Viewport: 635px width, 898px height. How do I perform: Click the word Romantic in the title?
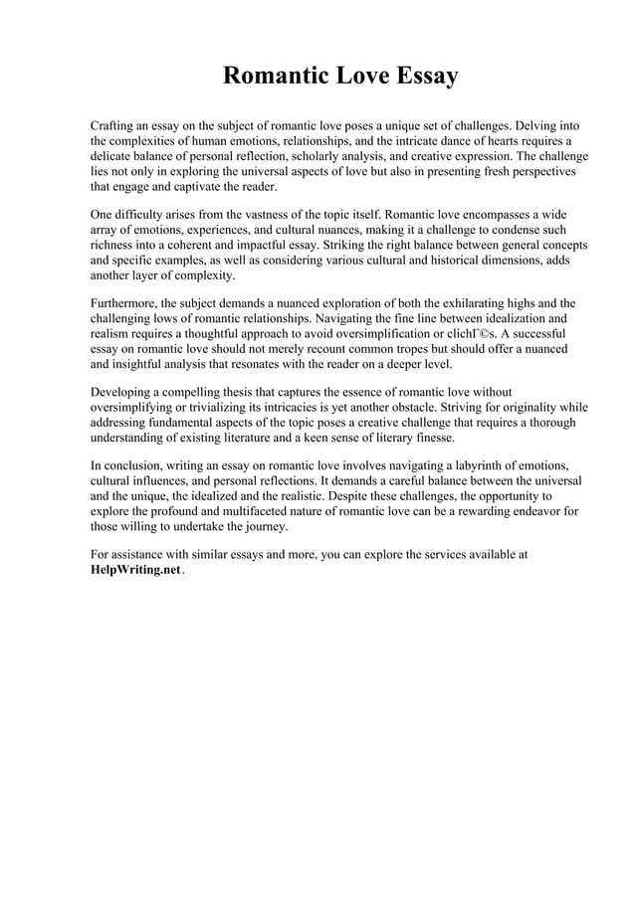coord(271,77)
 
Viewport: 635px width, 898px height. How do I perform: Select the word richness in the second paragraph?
coord(113,245)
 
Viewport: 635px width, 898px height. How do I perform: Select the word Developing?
coord(123,392)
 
